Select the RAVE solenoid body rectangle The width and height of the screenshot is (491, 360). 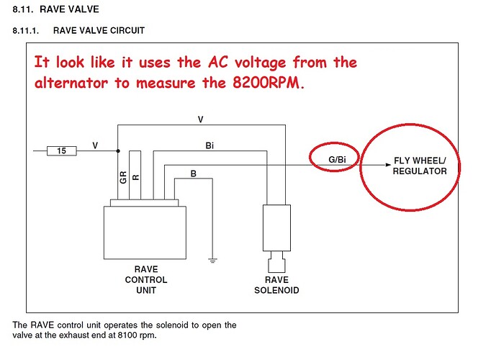[276, 222]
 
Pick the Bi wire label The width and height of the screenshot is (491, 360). [209, 145]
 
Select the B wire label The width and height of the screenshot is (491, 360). [193, 174]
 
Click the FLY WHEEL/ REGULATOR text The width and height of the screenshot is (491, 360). [420, 166]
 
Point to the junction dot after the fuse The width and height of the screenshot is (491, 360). [117, 150]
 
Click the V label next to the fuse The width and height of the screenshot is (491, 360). [95, 145]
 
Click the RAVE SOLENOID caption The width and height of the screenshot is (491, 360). [276, 285]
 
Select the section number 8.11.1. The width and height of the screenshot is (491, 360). [29, 30]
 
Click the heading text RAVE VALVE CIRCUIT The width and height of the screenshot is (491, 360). [99, 30]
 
